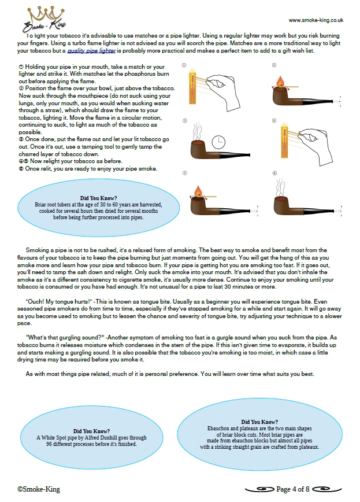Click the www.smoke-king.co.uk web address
click(316, 20)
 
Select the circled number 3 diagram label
click(184, 120)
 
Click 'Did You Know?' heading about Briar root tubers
click(98, 198)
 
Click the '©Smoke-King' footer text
click(39, 489)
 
